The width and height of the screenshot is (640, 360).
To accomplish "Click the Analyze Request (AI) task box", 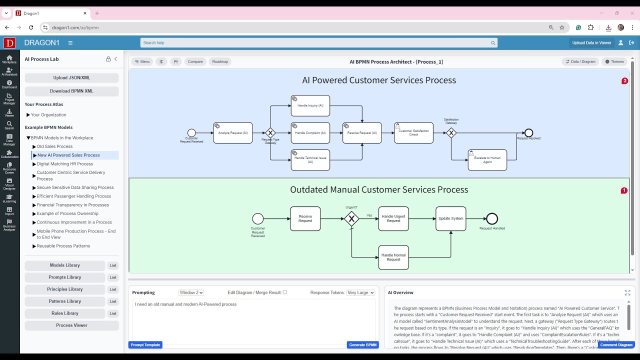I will [232, 133].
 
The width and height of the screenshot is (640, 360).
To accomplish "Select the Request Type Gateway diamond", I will [270, 133].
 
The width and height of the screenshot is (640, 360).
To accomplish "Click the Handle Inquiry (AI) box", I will [310, 106].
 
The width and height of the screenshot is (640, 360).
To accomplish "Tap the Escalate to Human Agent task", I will [487, 160].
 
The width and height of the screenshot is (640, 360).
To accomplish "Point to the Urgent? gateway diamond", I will [351, 218].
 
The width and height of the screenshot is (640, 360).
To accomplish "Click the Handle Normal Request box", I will [393, 257].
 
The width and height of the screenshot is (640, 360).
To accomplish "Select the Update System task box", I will [450, 218].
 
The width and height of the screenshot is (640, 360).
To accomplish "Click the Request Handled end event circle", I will [492, 218].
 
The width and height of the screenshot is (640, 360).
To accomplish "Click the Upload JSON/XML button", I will [71, 78].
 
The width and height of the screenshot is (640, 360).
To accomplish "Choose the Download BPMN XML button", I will [71, 91].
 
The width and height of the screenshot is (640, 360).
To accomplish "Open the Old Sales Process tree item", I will [54, 146].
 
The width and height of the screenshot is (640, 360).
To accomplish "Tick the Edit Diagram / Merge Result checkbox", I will [285, 292].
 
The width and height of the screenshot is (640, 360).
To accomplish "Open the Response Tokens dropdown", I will [360, 292].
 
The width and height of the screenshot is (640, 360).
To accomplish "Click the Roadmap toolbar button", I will [220, 62].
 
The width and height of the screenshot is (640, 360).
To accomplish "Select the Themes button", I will [614, 62].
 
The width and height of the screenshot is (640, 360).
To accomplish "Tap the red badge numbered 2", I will [624, 81].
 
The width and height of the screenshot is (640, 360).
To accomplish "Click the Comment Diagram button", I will [616, 345].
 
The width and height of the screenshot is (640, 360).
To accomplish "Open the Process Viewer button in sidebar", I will [71, 325].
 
